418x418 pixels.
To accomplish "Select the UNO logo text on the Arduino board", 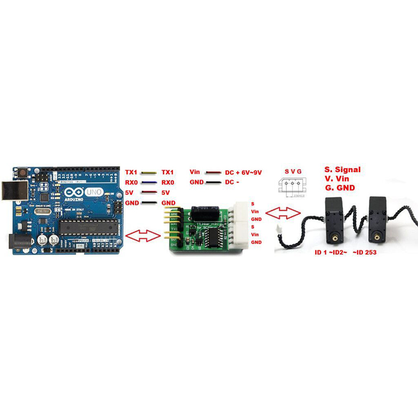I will (94, 192).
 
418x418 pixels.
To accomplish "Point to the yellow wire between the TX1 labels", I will (149, 172).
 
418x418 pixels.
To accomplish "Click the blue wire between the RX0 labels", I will (149, 182).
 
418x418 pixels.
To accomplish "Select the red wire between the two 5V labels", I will (149, 192).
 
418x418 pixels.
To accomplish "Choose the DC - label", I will (233, 182).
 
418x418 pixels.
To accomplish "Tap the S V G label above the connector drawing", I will (293, 171).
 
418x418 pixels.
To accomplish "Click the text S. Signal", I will (342, 170).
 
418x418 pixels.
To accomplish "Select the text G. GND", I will (339, 187).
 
